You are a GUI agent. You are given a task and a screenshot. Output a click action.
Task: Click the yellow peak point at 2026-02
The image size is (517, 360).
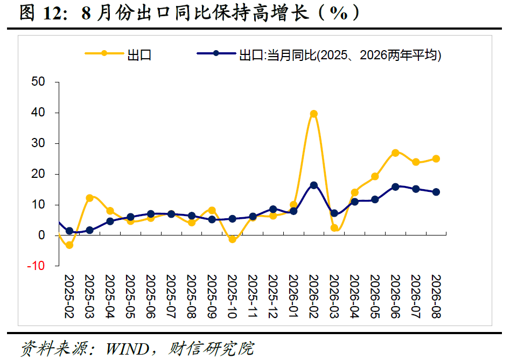pos(314,114)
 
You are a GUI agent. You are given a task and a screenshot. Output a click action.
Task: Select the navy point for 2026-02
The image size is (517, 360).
pos(314,185)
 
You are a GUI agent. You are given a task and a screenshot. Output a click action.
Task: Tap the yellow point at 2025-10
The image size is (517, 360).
pos(233,239)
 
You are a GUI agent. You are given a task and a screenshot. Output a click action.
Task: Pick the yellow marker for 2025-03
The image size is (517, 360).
pos(90,198)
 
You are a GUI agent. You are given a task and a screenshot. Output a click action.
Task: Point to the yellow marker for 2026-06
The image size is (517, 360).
pos(395,153)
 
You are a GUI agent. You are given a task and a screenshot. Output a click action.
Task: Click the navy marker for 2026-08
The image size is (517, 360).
pos(436,192)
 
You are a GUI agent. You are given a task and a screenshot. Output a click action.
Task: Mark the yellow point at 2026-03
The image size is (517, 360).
pos(334,227)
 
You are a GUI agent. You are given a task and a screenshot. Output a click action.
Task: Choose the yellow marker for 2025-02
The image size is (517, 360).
pos(69,245)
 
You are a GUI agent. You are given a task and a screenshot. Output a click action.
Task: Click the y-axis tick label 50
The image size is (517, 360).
pos(38,81)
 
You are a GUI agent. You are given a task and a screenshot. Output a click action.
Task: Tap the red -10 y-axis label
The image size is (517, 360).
pos(36,266)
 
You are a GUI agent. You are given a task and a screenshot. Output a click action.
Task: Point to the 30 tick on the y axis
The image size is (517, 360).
pos(38,143)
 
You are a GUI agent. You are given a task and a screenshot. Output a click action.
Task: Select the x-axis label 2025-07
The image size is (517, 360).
pos(171,296)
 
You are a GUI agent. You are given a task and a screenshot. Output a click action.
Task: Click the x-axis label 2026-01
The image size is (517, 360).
pos(294,296)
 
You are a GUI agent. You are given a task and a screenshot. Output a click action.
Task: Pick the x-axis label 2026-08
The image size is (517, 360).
pos(436,296)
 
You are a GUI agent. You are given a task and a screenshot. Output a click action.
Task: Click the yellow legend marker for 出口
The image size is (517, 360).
pos(104,53)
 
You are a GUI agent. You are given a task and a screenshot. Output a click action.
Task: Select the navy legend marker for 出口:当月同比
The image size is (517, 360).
pos(216,53)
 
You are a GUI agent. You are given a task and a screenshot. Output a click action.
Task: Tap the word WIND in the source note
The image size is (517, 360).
pos(127,349)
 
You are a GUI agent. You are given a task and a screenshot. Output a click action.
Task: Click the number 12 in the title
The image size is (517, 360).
pos(52,13)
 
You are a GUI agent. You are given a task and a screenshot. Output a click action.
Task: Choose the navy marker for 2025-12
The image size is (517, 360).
pos(273,209)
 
